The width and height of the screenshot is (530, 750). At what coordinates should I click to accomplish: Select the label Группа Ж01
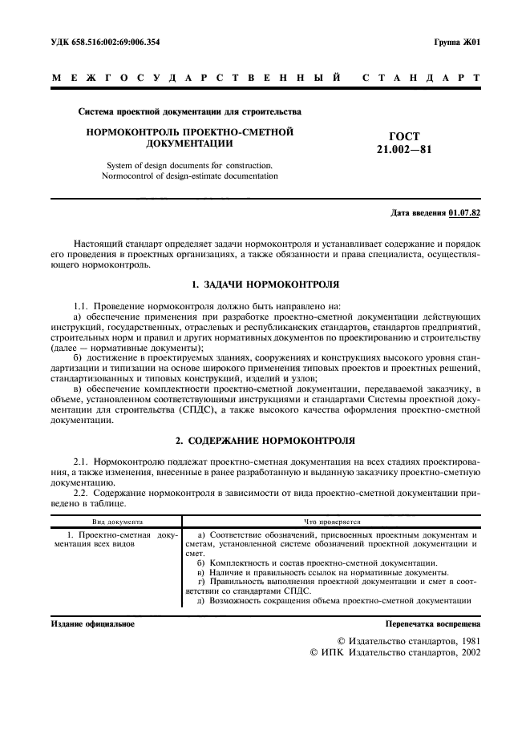[457, 42]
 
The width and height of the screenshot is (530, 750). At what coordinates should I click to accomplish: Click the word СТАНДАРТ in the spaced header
[421, 79]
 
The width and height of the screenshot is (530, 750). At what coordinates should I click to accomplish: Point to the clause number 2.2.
[80, 494]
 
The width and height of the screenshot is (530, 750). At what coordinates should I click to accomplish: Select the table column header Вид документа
[116, 521]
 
